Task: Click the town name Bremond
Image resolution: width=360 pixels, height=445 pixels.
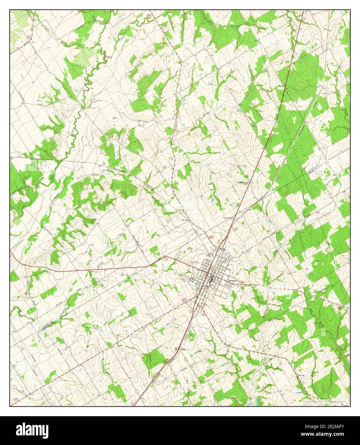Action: tap(234, 280)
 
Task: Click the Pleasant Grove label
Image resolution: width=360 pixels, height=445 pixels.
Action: tap(243, 182)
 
